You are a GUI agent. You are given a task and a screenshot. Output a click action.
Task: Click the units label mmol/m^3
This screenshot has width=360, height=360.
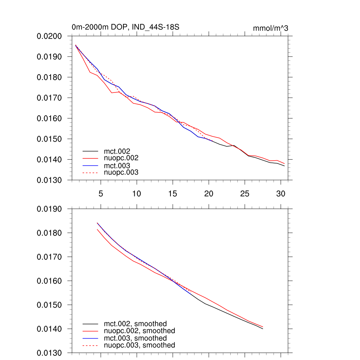270,28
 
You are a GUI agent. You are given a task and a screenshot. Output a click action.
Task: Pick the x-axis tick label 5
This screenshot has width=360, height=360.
101,193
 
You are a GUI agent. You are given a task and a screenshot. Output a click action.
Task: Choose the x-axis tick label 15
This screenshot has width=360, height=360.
173,193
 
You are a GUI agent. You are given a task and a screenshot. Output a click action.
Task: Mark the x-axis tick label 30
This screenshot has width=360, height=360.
281,193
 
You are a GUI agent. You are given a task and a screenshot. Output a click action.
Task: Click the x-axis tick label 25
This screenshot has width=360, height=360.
245,193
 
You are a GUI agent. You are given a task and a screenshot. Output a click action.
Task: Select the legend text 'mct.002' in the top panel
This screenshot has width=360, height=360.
120,152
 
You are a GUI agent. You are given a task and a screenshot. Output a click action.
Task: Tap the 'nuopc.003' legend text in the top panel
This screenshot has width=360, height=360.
123,172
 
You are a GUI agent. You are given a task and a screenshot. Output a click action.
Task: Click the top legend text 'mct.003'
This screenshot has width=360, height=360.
120,166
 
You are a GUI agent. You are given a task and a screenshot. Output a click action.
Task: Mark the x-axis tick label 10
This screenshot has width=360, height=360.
136,193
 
